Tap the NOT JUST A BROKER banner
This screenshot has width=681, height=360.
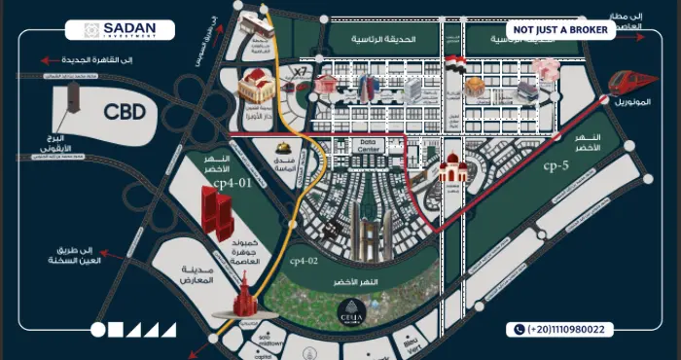tap(559, 30)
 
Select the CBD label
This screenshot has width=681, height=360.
tap(125, 112)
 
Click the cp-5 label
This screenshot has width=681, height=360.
tap(557, 165)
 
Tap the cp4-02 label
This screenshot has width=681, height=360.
tap(305, 261)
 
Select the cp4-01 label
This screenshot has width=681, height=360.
tap(233, 182)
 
